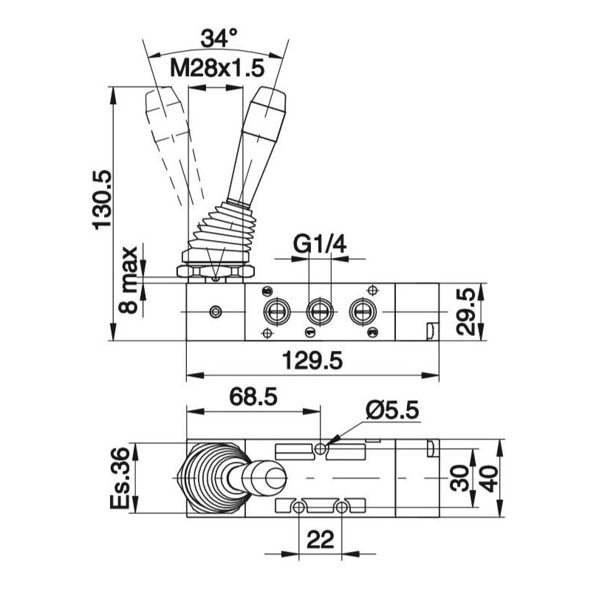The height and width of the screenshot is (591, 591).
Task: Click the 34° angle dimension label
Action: pos(219,38)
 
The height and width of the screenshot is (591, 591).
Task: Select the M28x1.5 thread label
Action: pos(217,68)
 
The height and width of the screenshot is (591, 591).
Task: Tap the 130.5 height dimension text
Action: pos(102,199)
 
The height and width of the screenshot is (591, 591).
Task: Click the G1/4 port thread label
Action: pos(320,245)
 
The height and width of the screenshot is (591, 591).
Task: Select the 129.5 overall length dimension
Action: pos(312,361)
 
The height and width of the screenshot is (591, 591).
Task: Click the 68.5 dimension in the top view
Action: pos(253,397)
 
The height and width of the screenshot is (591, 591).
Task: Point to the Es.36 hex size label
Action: pos(120,478)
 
